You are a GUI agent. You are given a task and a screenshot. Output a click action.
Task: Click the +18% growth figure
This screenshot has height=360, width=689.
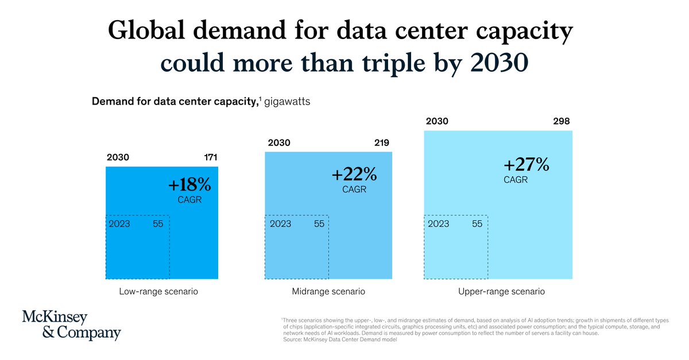point(189,185)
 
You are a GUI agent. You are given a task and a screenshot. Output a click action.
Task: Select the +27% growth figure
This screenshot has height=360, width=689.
point(527,165)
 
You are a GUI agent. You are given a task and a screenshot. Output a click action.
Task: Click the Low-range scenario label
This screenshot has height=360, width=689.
point(158,292)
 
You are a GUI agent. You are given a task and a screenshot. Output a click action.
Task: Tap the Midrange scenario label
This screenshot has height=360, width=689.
point(328,292)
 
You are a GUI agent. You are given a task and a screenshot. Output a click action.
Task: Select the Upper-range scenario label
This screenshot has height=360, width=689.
point(501,292)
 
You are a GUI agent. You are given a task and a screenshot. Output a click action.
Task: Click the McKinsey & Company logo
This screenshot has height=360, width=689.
point(71,326)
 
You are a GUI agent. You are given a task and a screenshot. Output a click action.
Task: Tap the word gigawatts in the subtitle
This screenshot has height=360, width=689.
point(287,102)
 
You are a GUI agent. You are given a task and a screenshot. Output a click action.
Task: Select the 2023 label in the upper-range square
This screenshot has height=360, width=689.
point(439,224)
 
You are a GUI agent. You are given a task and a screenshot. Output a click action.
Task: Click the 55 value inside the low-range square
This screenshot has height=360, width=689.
point(158,224)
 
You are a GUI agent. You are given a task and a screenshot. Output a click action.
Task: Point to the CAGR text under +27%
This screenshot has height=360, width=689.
point(516,180)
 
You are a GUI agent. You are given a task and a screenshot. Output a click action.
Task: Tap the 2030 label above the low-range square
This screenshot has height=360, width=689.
point(118,157)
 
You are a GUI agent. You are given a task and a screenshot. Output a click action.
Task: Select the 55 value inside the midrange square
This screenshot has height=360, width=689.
point(319,224)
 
